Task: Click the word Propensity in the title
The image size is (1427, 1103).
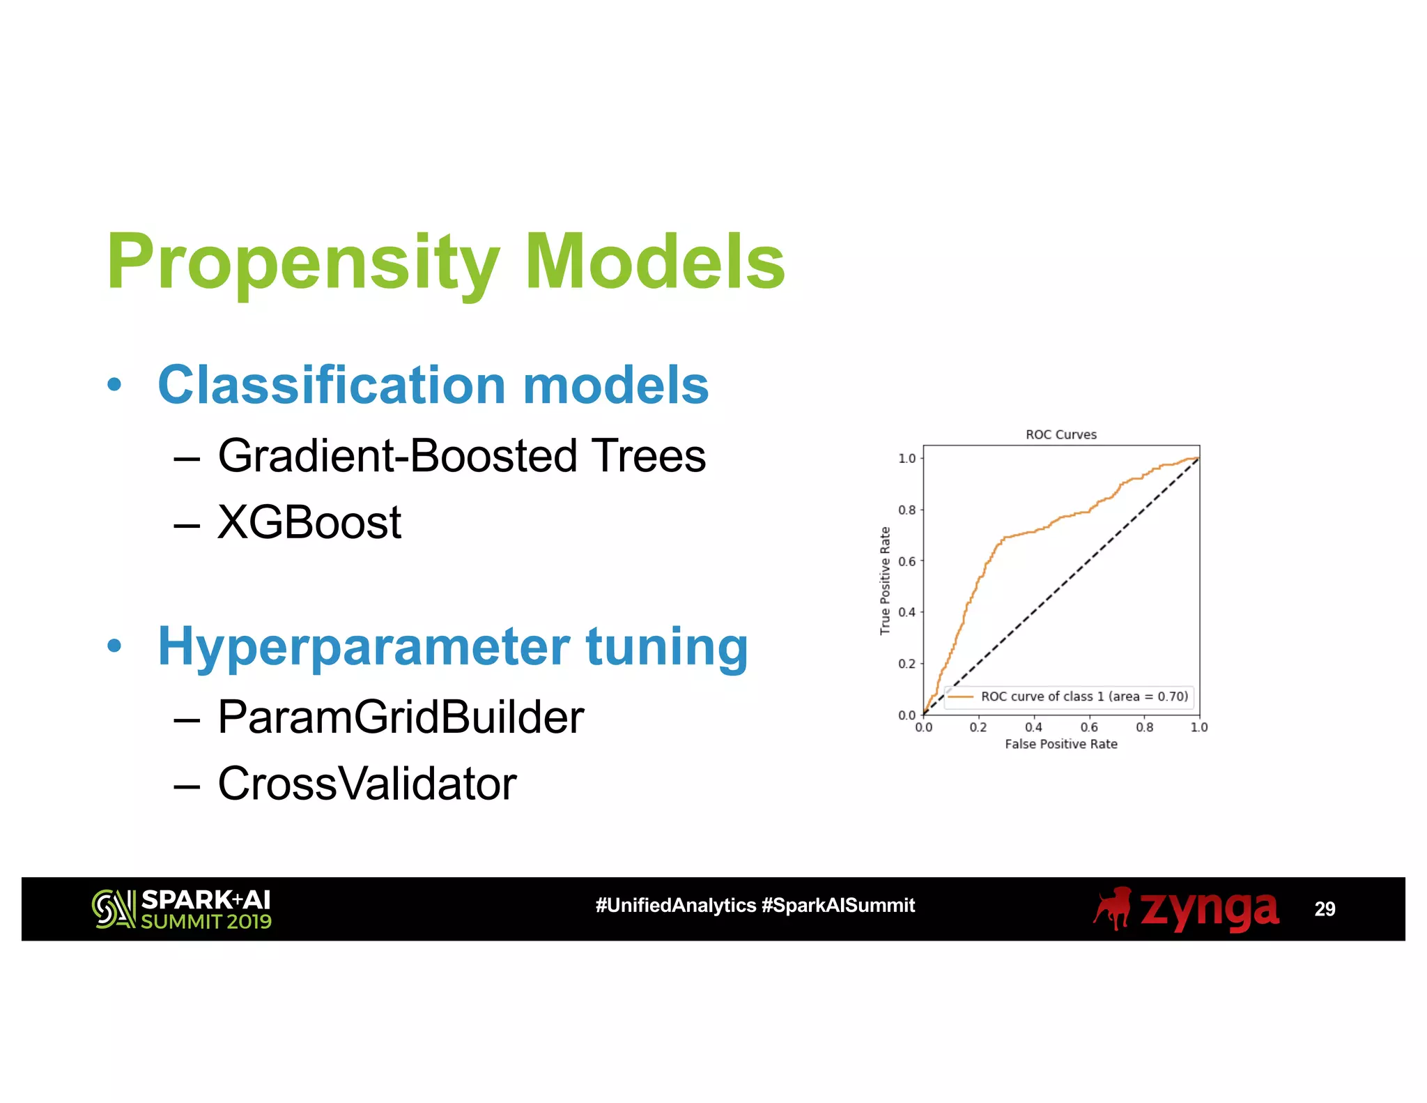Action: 303,263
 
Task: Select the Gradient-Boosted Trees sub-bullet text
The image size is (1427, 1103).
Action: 461,456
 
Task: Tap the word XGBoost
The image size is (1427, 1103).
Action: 309,522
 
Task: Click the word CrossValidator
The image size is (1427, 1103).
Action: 367,784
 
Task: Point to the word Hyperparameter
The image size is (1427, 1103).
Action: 363,647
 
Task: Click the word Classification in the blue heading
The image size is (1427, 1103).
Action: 332,385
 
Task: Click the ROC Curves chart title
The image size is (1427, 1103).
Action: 1060,434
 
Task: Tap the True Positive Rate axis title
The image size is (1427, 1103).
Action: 885,580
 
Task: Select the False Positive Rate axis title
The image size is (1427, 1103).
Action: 1060,744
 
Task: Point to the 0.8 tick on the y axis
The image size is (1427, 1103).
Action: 907,510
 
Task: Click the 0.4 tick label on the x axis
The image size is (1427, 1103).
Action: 1033,727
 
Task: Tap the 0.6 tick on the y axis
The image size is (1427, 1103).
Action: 907,561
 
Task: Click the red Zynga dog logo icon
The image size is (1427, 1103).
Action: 1113,908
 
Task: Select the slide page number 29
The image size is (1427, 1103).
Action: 1324,909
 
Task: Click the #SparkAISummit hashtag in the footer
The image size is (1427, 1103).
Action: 838,905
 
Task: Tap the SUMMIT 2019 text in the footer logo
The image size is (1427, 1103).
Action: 206,922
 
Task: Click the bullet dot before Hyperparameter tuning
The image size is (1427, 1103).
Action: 114,646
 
